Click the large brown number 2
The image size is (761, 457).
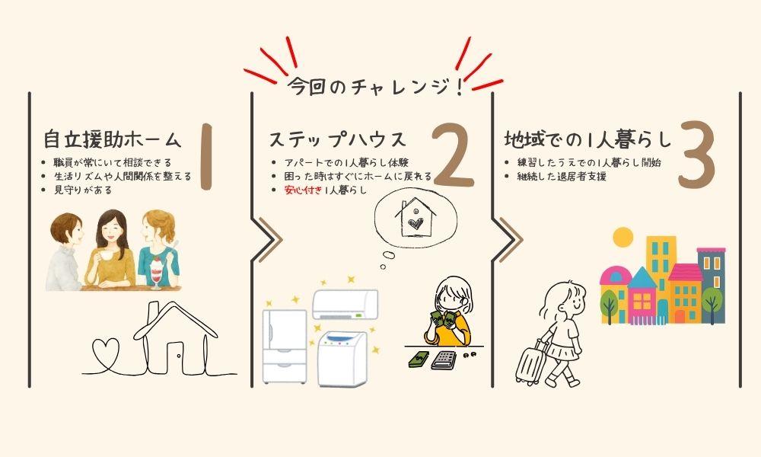tap(454, 155)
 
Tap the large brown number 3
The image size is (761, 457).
tap(697, 155)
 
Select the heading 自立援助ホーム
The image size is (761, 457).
tap(112, 139)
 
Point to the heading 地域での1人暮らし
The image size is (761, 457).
tap(587, 139)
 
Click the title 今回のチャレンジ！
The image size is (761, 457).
tap(374, 87)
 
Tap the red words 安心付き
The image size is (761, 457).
tap(303, 190)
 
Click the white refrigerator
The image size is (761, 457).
tap(285, 347)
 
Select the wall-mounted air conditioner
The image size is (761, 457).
tap(345, 304)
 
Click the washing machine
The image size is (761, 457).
tap(342, 359)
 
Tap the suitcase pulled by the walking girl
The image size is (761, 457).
tap(530, 363)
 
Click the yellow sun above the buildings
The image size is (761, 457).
tap(623, 238)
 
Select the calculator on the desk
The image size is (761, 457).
tap(443, 360)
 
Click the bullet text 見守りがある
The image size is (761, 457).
tap(82, 190)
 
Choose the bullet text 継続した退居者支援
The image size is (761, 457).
tap(562, 176)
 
